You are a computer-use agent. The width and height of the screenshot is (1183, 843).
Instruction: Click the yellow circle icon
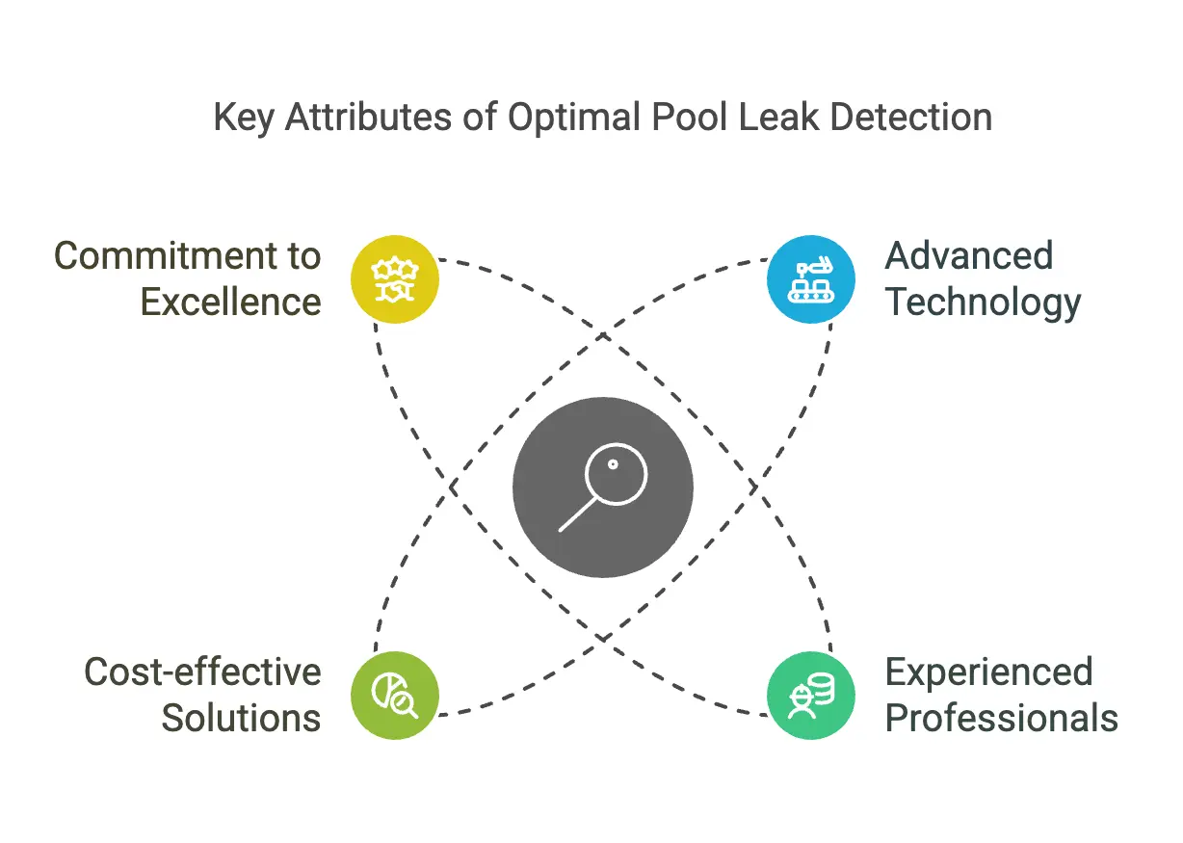coord(395,279)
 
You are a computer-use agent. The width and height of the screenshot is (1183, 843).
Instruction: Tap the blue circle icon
coord(811,279)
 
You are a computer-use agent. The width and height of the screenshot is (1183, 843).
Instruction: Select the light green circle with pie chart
coord(395,696)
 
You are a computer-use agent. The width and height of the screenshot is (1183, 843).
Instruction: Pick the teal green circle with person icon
coord(811,696)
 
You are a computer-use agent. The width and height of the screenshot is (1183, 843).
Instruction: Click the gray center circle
coord(603,487)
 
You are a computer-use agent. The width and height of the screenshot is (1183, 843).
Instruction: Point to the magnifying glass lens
coord(616,471)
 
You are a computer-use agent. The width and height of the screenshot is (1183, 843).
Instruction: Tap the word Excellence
coord(230,303)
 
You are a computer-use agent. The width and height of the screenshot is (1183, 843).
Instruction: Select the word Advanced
coord(969,256)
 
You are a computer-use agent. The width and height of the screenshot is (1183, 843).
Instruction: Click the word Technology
coord(984,303)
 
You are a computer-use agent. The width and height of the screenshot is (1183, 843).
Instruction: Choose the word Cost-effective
coord(202,672)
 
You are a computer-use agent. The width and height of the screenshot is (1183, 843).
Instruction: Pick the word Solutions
coord(241,718)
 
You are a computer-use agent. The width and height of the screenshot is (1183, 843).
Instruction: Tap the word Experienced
coord(989,672)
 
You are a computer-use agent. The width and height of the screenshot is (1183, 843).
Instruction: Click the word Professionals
coord(1002,718)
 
